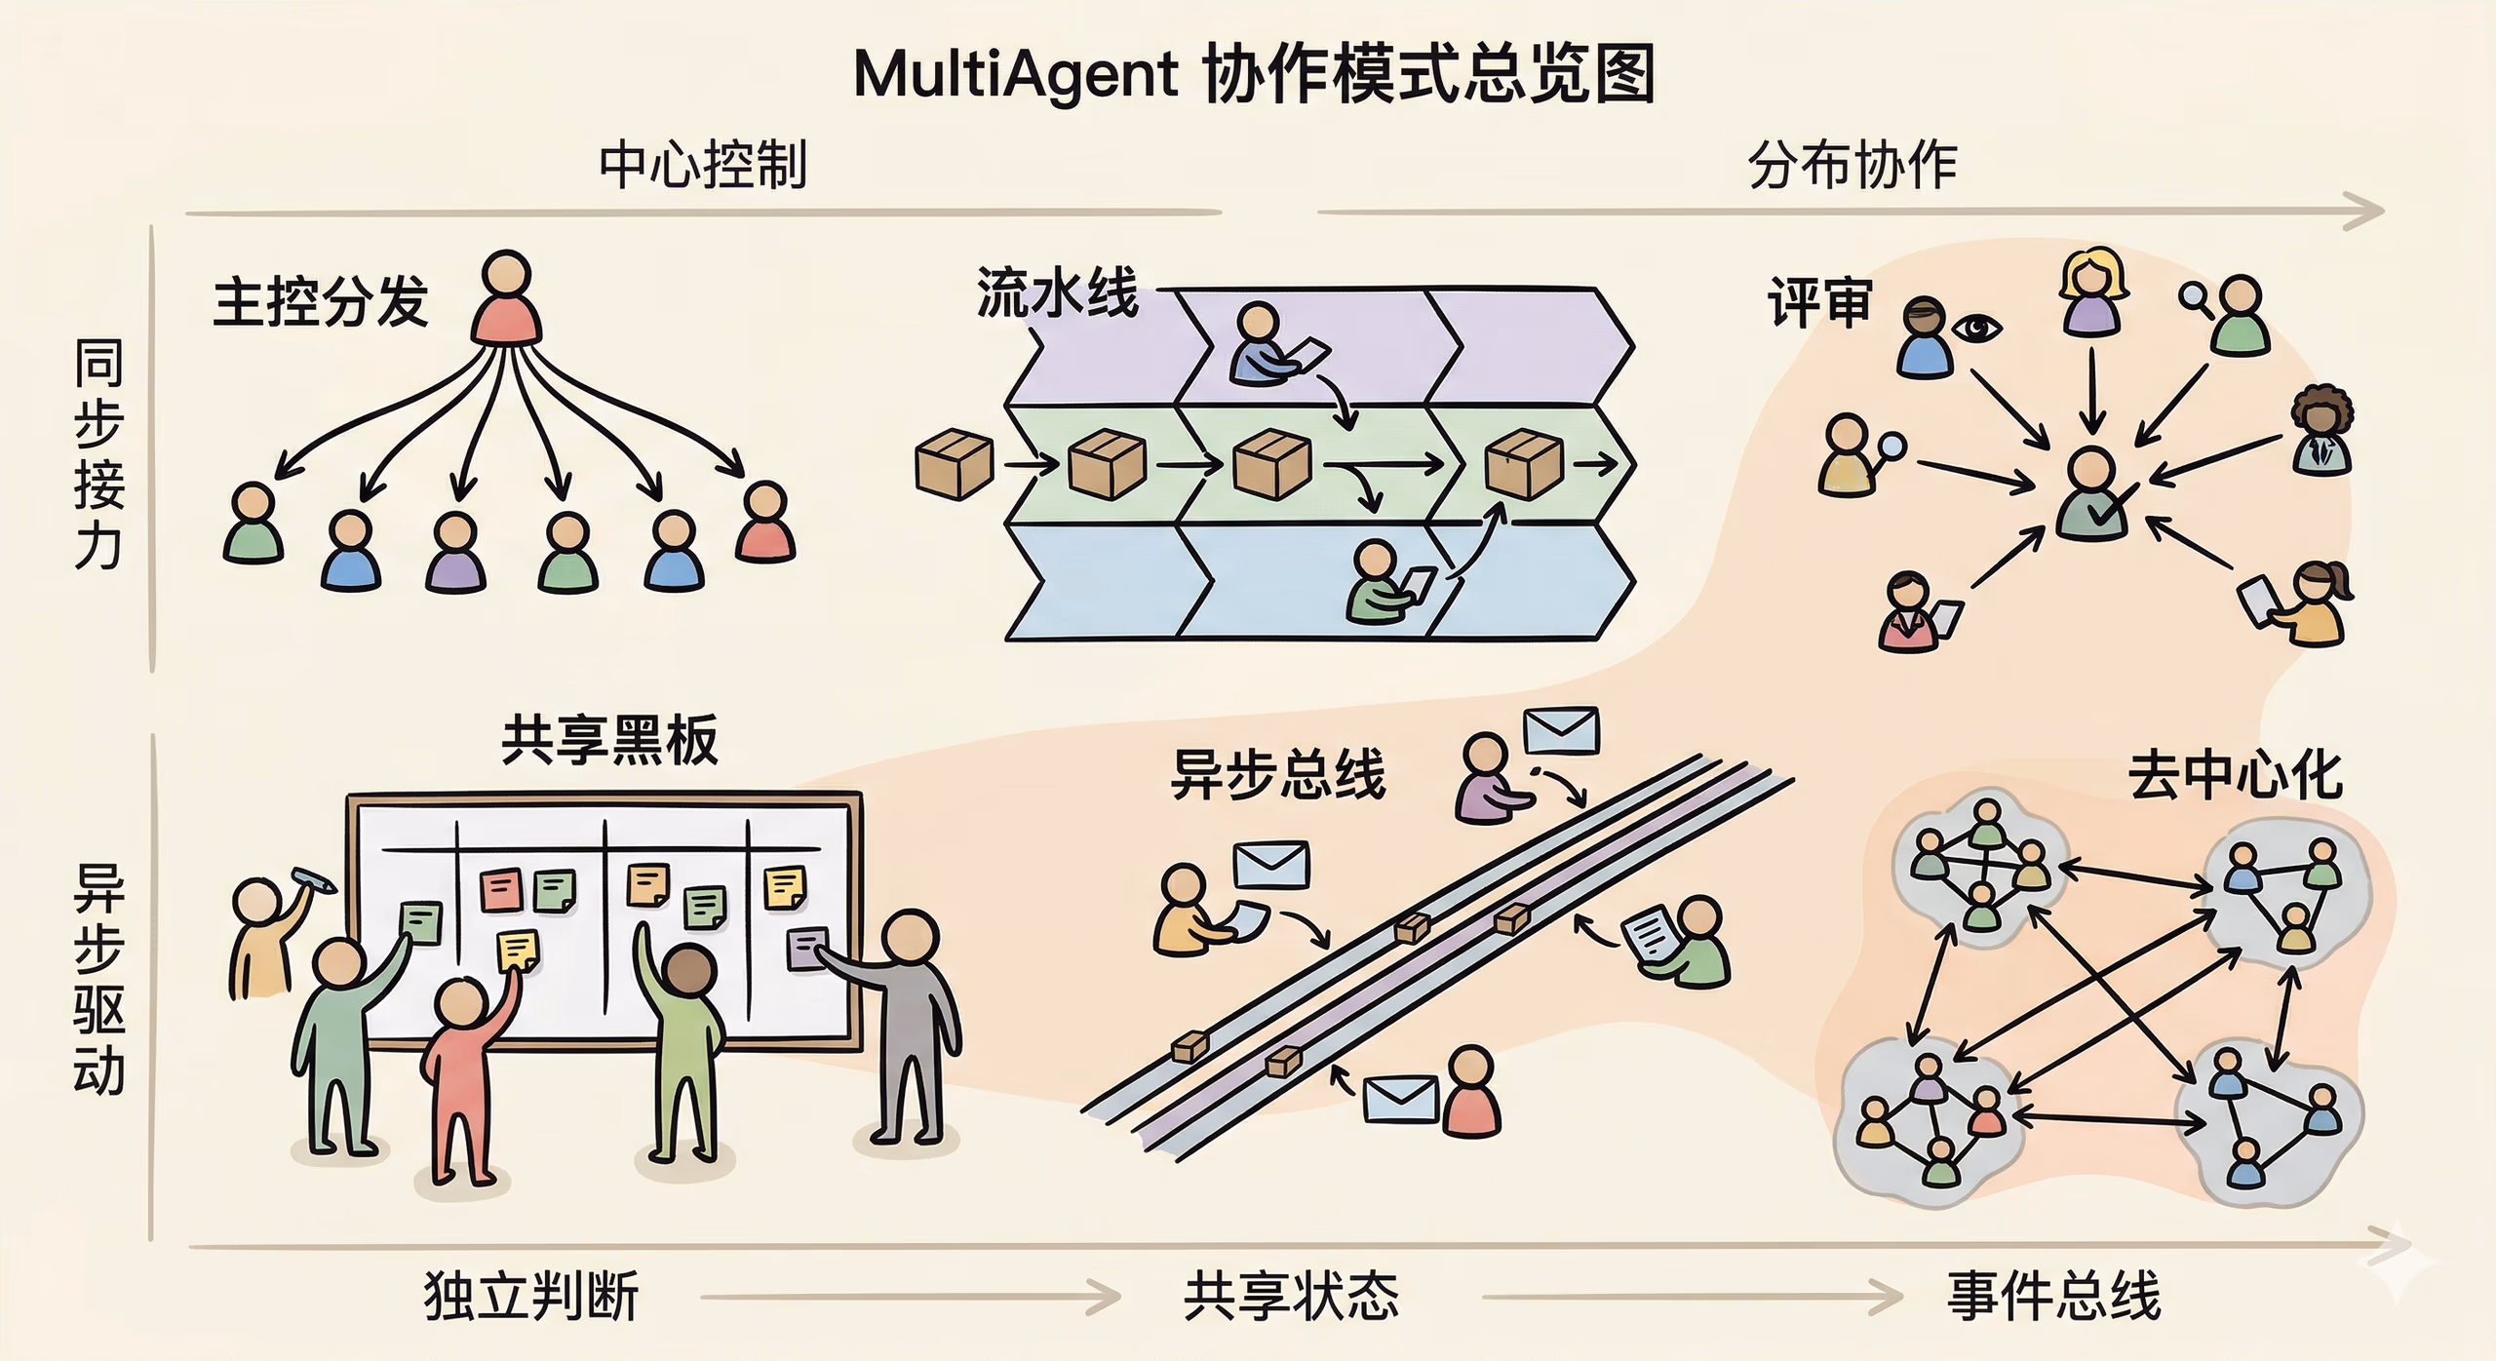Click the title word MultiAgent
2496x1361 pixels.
[x=1016, y=74]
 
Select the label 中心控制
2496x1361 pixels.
[x=703, y=165]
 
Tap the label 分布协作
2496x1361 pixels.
[x=1852, y=165]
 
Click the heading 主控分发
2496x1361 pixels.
[x=321, y=301]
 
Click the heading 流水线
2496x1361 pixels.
[x=1057, y=292]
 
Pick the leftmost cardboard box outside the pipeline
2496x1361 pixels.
[x=954, y=465]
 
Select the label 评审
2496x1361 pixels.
[x=1819, y=302]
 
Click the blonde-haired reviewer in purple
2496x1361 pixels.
[x=2092, y=292]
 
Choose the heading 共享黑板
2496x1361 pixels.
[x=609, y=740]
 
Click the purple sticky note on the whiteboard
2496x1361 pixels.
[x=806, y=949]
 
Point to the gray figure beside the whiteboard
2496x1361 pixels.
[x=911, y=1024]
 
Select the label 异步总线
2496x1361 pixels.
[x=1277, y=775]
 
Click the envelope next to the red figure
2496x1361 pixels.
[x=1400, y=1099]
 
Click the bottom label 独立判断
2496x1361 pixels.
[x=531, y=1296]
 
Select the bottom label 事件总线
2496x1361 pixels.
[x=2053, y=1296]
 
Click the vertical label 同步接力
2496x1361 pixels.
[x=99, y=453]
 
